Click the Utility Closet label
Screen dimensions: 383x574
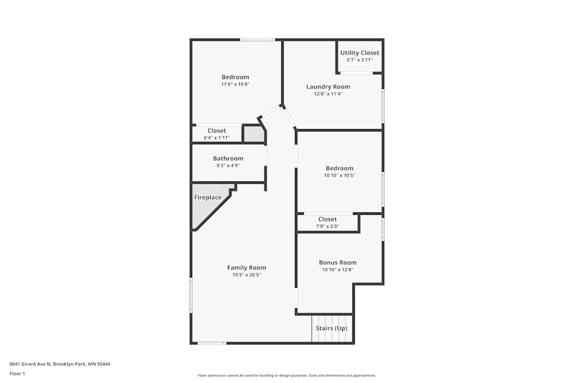point(359,53)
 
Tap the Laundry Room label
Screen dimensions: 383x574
point(328,87)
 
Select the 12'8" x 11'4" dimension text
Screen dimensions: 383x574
point(328,94)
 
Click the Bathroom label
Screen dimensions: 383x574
point(228,158)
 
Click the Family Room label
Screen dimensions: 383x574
point(246,268)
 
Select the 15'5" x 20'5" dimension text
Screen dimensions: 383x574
point(246,275)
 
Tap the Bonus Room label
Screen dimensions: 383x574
point(338,262)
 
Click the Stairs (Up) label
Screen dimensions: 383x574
point(331,328)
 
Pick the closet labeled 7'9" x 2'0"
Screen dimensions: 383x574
point(327,223)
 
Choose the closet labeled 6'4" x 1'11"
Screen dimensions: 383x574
point(216,134)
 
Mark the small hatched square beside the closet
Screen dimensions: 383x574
point(253,134)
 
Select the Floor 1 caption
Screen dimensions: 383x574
point(17,373)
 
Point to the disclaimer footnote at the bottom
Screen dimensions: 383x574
point(286,376)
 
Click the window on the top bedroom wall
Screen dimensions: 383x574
point(257,40)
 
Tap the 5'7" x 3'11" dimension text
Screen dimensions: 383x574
point(359,60)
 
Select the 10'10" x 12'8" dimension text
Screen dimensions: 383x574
point(338,269)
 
